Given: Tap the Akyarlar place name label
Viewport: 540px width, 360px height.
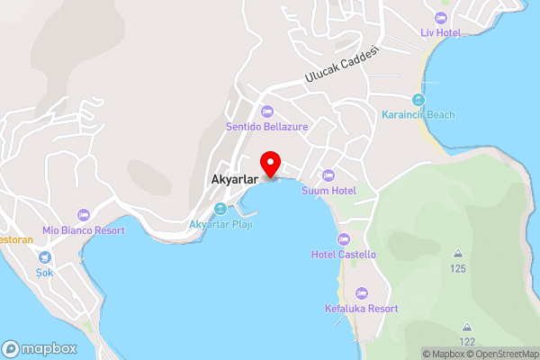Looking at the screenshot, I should click(236, 178).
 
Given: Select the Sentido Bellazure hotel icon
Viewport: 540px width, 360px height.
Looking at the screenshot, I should click(266, 112).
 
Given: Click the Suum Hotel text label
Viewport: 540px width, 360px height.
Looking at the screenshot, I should click(328, 191).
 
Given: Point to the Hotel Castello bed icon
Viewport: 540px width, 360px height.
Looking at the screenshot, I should click(343, 239).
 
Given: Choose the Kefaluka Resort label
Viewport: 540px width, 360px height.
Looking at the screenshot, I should click(361, 309).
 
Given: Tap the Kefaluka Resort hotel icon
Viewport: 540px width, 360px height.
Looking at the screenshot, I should click(361, 293).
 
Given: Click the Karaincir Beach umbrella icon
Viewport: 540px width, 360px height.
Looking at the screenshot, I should click(418, 99).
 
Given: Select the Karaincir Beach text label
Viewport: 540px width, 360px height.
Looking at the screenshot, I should click(418, 115).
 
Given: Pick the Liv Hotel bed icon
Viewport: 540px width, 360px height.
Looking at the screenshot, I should click(440, 18).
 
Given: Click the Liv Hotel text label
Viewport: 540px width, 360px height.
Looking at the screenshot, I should click(440, 33).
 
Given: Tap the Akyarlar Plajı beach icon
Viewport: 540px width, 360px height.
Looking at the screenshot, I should click(220, 209).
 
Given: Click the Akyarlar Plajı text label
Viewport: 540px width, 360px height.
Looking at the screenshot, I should click(220, 224).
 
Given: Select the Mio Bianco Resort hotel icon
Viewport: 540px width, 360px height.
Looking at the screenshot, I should click(83, 214).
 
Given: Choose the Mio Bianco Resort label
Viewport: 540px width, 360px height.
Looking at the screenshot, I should click(83, 230).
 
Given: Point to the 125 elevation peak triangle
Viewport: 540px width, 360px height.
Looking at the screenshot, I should click(458, 254).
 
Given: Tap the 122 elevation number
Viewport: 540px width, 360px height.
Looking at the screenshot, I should click(466, 342).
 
